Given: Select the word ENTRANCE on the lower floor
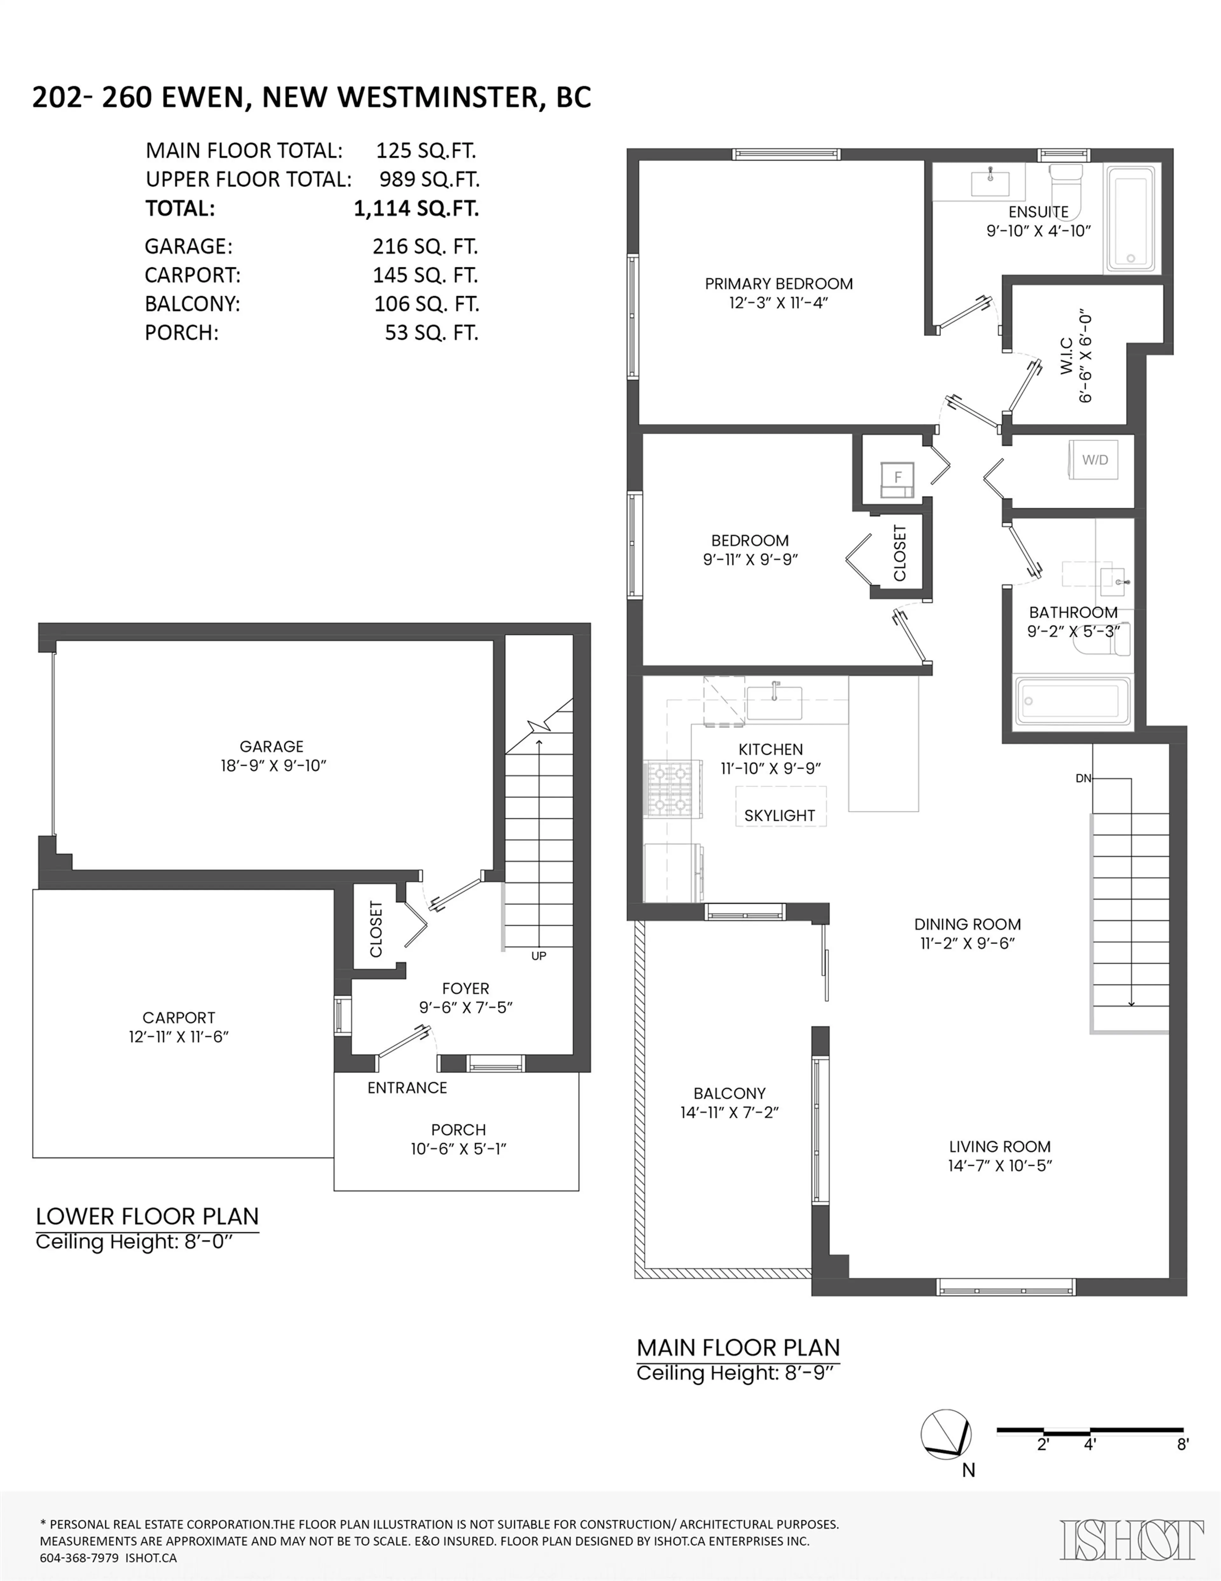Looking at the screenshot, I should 407,1087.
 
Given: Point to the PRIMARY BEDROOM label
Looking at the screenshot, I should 779,284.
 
